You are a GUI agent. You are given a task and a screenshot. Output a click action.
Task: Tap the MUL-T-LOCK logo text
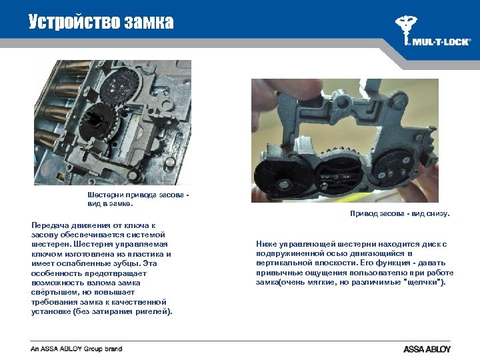pos(440,41)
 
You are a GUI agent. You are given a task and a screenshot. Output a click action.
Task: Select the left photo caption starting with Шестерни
pos(138,199)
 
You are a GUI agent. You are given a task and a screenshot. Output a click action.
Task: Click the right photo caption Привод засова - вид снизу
pos(400,214)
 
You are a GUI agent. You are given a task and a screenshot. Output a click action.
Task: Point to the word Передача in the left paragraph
pos(50,225)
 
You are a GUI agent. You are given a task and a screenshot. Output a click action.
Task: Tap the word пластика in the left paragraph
pos(145,254)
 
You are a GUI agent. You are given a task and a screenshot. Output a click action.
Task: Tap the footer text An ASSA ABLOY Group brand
pos(76,349)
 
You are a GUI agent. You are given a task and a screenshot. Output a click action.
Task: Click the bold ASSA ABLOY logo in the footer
pos(427,349)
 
